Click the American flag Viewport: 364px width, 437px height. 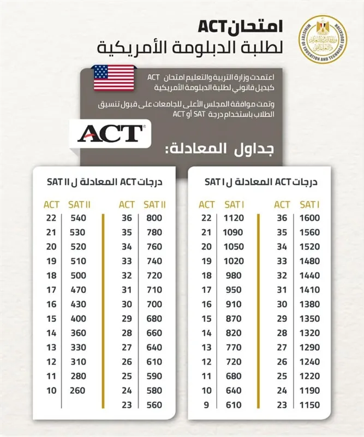(x=114, y=78)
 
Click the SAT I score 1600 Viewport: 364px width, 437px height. (x=309, y=218)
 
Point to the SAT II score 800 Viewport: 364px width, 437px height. (x=154, y=218)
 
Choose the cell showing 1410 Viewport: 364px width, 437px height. (x=309, y=289)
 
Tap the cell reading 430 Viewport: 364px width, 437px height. (x=78, y=303)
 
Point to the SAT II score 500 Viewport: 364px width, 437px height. (x=78, y=275)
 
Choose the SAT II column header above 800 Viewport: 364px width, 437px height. (x=154, y=204)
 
